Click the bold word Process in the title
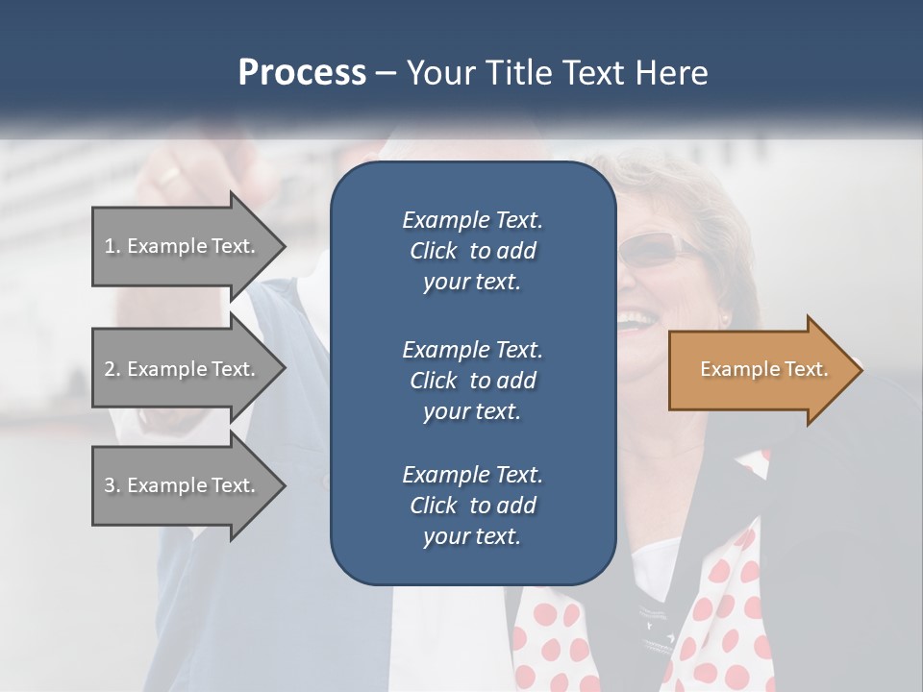click(302, 73)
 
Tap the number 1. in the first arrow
click(112, 246)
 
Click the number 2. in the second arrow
click(112, 369)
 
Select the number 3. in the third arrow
click(112, 485)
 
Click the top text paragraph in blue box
click(472, 251)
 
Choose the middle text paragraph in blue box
click(472, 380)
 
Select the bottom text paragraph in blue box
click(472, 506)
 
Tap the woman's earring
click(724, 316)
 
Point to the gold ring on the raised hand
click(169, 176)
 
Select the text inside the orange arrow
click(763, 369)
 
